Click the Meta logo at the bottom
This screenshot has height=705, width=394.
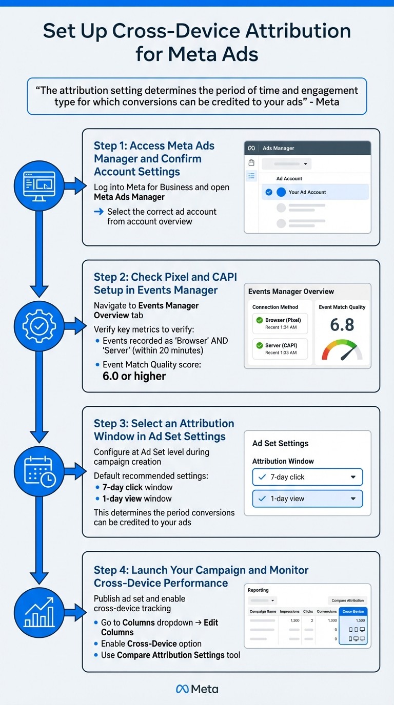point(197,689)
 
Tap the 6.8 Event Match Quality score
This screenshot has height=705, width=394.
point(342,325)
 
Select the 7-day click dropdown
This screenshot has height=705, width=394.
point(307,477)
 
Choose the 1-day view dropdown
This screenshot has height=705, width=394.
point(307,499)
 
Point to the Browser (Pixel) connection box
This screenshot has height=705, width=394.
point(280,323)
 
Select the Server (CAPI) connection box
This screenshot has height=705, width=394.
point(280,348)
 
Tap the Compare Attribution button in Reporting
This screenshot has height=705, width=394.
point(347,600)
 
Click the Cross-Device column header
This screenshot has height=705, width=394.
point(353,612)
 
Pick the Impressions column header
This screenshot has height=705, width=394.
point(289,612)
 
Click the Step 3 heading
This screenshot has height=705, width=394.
point(164,430)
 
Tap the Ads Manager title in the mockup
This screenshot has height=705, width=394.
point(278,148)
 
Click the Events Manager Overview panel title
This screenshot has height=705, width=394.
point(291,292)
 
